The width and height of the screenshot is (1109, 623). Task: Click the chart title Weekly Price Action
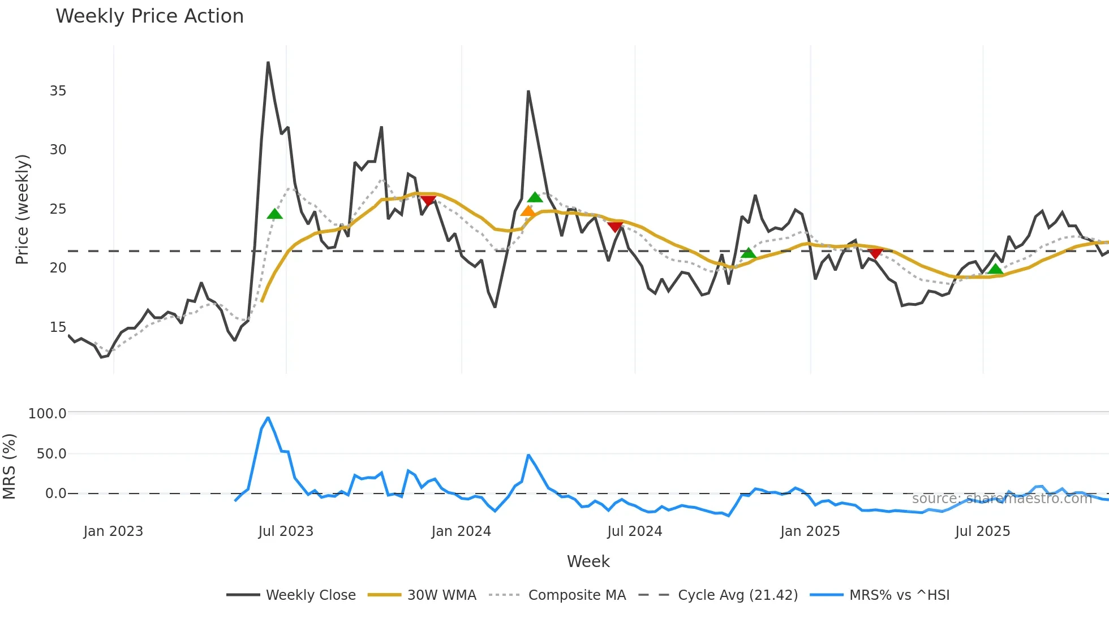pos(149,16)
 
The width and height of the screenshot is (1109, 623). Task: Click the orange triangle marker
pos(528,211)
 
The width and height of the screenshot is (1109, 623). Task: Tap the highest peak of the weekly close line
pos(268,63)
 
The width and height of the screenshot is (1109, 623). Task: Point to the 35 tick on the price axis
pos(58,91)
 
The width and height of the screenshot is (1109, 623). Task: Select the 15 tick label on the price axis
pos(58,327)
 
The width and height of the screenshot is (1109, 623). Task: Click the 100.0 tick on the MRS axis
pos(48,414)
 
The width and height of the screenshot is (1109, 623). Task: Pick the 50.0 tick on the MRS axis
pos(51,454)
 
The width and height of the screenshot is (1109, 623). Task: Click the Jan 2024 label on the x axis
pos(461,531)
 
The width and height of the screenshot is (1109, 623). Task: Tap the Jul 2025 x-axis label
pos(982,531)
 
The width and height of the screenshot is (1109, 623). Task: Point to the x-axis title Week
pos(588,561)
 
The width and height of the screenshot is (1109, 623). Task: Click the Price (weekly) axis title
pos(22,209)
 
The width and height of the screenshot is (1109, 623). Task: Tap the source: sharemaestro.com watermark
pos(1001,499)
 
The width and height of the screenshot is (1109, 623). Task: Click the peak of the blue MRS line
pos(268,418)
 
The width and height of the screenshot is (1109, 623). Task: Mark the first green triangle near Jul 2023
pos(274,214)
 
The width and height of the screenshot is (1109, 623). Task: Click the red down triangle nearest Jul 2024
pos(615,227)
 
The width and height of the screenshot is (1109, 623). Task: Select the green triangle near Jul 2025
pos(995,269)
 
